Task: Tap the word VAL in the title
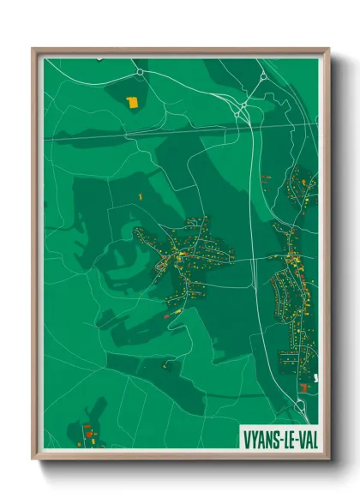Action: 304,435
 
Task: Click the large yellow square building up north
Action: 132,102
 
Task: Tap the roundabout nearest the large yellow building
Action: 139,74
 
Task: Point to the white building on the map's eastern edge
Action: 316,377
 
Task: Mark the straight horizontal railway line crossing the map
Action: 154,132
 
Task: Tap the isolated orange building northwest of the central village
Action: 140,197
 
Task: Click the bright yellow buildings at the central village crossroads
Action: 181,254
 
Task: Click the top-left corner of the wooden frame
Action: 33,50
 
